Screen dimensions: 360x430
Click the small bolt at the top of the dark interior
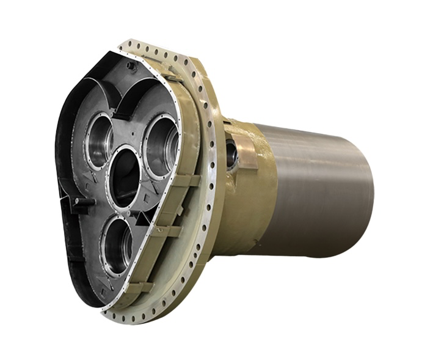[130, 65]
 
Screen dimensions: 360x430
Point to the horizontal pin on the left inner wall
[81, 201]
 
